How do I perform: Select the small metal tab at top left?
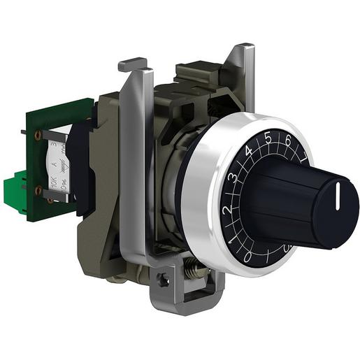click(x=132, y=65)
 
